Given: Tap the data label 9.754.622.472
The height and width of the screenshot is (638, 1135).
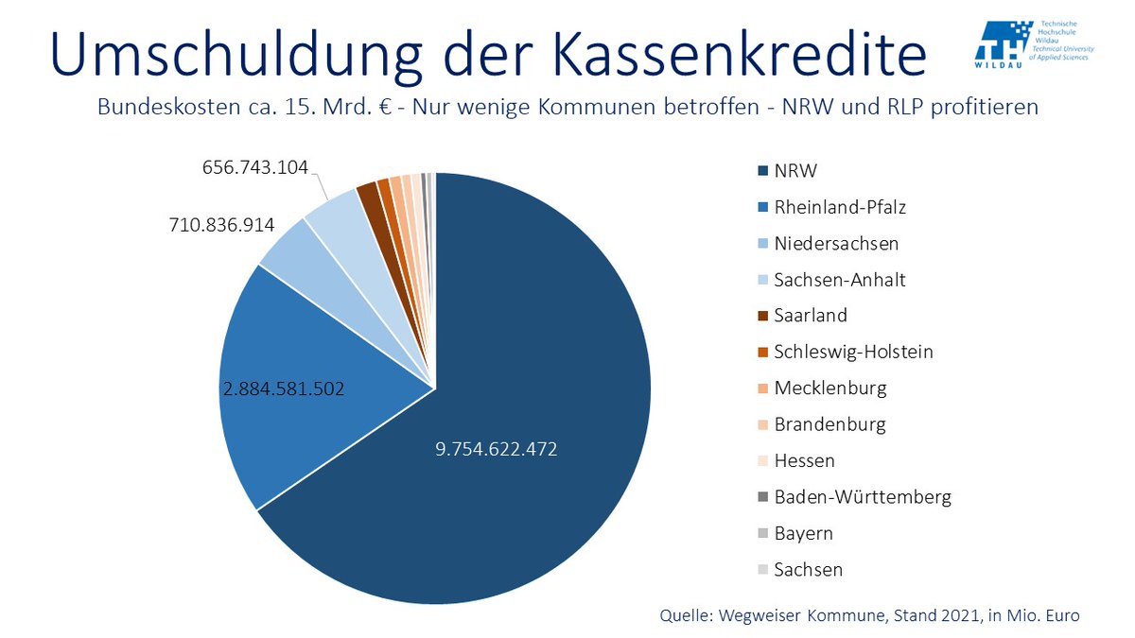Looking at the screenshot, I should [497, 450].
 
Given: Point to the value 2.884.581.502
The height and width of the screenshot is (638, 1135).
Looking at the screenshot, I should [283, 388].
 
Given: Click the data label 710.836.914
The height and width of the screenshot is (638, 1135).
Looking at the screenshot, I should [221, 225].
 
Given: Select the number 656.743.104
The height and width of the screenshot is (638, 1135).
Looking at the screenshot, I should [254, 167].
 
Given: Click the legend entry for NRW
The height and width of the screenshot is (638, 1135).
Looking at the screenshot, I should [794, 171].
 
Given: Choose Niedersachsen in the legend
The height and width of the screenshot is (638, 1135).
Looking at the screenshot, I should [835, 244].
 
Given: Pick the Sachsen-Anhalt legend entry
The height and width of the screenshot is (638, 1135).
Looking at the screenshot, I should [840, 280].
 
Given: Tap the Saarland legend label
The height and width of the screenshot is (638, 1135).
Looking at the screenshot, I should [811, 316].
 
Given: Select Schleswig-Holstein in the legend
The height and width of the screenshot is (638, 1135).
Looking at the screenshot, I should [853, 352].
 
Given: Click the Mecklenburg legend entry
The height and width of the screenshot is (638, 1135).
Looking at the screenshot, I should [830, 388].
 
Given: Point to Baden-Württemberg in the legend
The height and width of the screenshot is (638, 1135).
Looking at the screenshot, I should [863, 496].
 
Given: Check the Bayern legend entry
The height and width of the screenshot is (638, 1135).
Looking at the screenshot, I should [803, 533].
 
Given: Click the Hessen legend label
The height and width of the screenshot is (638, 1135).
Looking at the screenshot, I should [804, 460].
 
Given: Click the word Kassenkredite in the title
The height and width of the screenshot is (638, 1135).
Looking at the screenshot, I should [709, 54].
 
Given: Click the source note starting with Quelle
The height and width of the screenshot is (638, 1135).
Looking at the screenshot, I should [869, 615].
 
